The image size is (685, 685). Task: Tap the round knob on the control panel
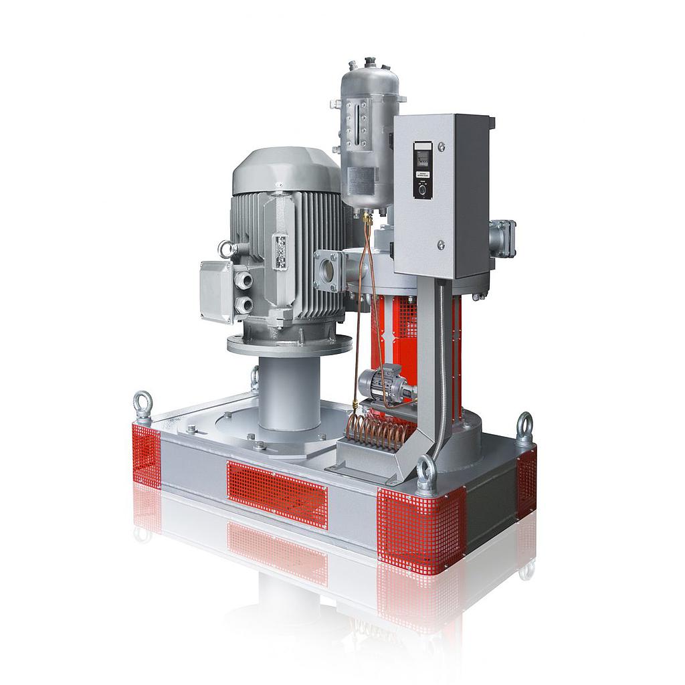coord(422,190)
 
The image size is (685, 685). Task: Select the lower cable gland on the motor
coord(246,306)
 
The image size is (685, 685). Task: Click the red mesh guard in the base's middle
coord(277,492)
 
